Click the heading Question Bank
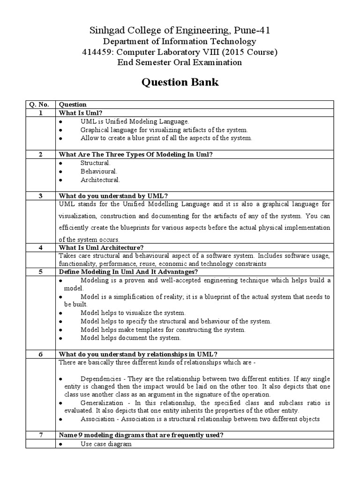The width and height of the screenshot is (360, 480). (180, 82)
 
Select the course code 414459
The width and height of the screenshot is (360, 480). (96, 52)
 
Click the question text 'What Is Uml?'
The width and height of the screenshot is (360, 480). (81, 113)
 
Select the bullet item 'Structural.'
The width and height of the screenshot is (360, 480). (95, 163)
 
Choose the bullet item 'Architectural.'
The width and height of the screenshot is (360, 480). (100, 180)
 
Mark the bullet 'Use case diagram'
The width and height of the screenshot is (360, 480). (106, 443)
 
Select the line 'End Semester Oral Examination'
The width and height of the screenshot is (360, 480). (180, 62)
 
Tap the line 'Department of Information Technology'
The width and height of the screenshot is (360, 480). (180, 42)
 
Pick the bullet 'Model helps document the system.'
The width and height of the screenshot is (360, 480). (130, 337)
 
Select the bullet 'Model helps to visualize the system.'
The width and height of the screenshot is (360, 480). (133, 313)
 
